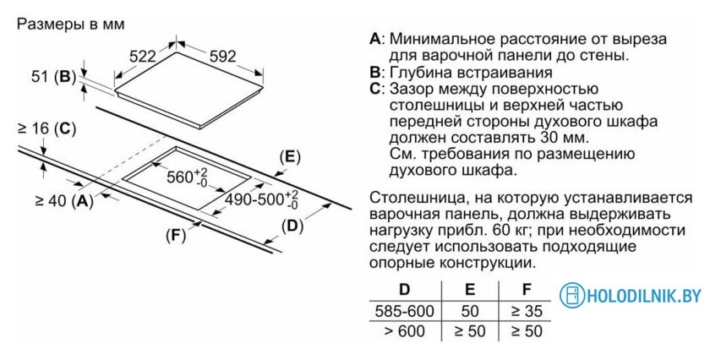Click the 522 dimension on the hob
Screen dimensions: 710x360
pos(142,57)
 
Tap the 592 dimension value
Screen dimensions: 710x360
pos(223,56)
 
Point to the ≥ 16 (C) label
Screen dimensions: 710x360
pos(46,129)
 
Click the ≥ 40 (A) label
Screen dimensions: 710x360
pos(64,200)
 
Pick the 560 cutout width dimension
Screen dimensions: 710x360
pos(187,177)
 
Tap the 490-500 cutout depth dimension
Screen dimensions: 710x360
pos(262,199)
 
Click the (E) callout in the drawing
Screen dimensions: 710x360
pos(290,156)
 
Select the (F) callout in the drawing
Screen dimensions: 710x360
pos(176,235)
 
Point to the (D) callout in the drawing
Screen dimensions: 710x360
pos(292,226)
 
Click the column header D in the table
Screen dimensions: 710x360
pos(404,289)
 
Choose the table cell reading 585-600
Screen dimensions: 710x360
pos(404,311)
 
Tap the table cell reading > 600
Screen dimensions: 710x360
pos(404,331)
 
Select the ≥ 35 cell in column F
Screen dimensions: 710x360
pos(527,311)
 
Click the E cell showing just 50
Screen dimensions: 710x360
pos(470,311)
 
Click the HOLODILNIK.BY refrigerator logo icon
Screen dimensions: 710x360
pos(572,295)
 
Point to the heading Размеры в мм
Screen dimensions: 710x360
pos(70,24)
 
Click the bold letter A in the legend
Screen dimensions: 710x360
pos(375,39)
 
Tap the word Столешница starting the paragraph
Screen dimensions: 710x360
pos(411,199)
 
